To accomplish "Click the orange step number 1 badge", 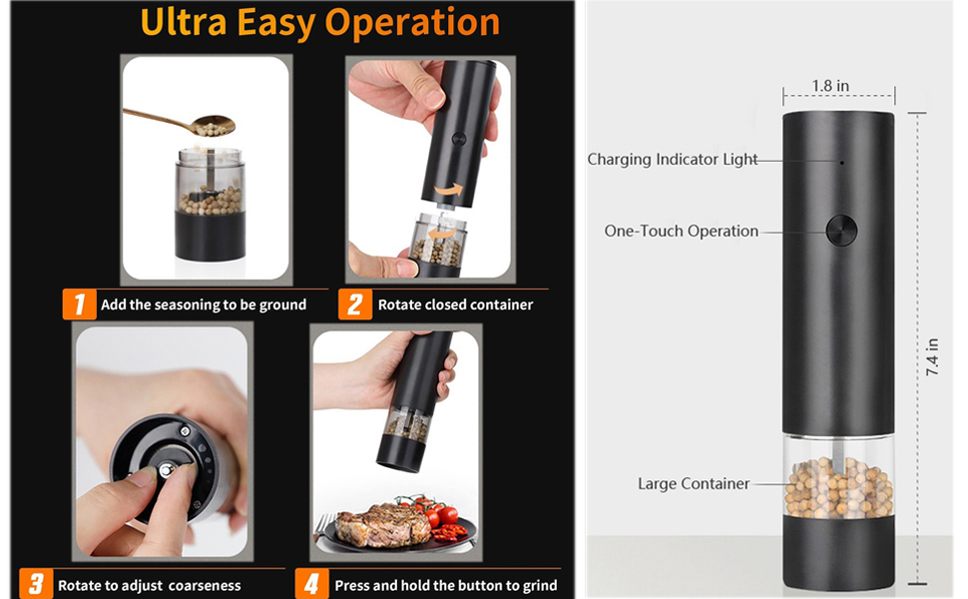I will click(79, 304).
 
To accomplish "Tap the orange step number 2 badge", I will click(354, 304).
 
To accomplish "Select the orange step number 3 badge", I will click(36, 584).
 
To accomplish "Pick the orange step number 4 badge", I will click(312, 584).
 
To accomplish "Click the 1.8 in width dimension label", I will click(830, 86).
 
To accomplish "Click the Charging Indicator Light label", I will click(673, 160).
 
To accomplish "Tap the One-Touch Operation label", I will click(682, 231).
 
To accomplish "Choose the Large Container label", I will click(694, 484).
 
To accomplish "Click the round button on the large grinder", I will click(840, 231).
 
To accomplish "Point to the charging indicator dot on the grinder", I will click(841, 161).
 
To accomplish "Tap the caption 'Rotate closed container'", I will click(455, 304).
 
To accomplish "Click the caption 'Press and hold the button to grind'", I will click(446, 585).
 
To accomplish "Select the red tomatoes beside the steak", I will click(435, 513).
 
